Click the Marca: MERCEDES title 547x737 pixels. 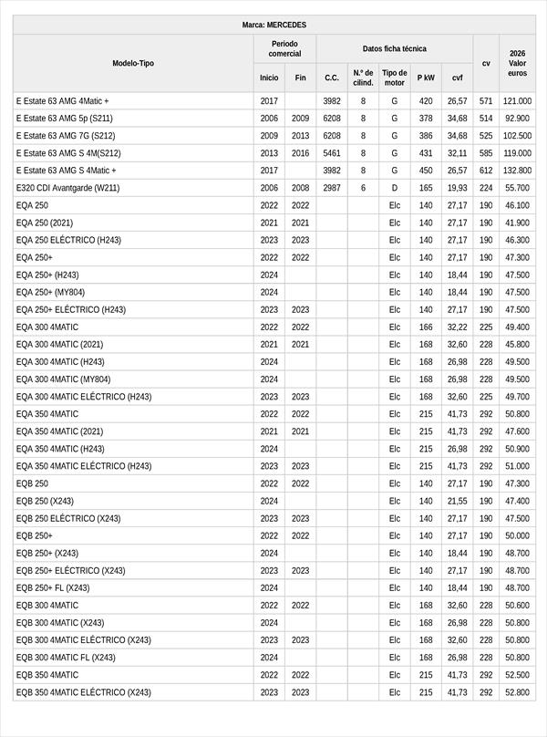[x=273, y=24]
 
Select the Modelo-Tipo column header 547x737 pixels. [x=133, y=63]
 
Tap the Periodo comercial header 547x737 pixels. [x=284, y=48]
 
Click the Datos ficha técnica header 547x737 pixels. [x=394, y=48]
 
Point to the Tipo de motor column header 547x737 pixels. [x=394, y=78]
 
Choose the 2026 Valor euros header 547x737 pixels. [x=517, y=63]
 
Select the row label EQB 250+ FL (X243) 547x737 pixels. [x=53, y=588]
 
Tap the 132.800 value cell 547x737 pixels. [x=517, y=171]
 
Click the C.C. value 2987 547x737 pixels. [x=332, y=188]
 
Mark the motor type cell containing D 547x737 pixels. [x=394, y=188]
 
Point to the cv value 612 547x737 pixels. [x=486, y=171]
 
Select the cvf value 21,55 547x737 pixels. [x=457, y=501]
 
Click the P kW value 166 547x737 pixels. [x=426, y=327]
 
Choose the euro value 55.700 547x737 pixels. [x=517, y=188]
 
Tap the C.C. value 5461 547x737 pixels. [x=332, y=153]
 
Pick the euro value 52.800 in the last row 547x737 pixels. [x=517, y=692]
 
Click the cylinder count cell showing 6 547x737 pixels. [x=363, y=188]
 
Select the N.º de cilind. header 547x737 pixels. [x=363, y=78]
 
